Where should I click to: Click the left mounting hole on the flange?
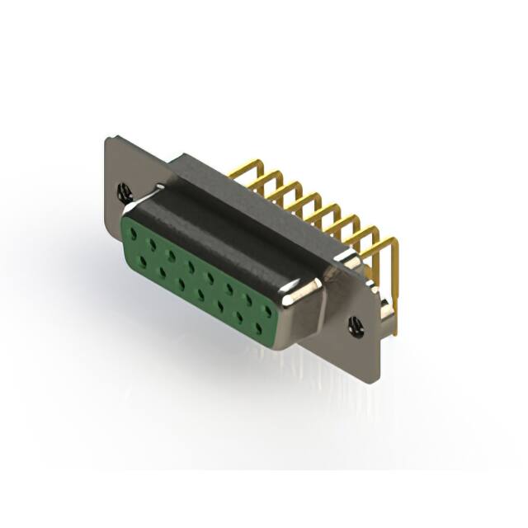[125, 194]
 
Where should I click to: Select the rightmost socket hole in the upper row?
[266, 310]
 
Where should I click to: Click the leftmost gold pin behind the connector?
[239, 168]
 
